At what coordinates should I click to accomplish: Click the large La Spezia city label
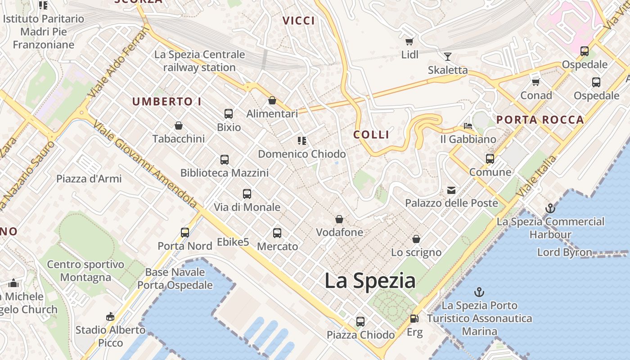(x=370, y=281)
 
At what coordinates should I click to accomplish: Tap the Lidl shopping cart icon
(x=409, y=42)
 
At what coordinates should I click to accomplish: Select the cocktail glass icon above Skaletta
(x=448, y=56)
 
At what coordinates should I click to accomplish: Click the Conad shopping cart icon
(x=536, y=82)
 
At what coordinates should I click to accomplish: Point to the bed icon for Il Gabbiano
(x=468, y=126)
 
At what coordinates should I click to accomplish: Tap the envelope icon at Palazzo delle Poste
(x=451, y=190)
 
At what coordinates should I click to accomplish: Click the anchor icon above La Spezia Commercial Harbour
(x=550, y=208)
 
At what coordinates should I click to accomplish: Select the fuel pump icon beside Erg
(x=414, y=319)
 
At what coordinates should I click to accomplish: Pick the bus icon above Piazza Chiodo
(x=360, y=322)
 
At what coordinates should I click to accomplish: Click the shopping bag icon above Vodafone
(x=339, y=219)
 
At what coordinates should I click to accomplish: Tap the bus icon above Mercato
(x=277, y=233)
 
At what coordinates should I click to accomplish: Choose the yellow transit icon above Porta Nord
(x=185, y=233)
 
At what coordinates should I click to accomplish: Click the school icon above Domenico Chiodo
(x=301, y=141)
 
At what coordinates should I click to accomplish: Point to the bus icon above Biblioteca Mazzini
(x=225, y=159)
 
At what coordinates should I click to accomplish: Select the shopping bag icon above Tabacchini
(x=179, y=126)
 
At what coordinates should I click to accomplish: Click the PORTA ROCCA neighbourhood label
(x=540, y=120)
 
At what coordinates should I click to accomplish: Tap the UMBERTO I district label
(x=167, y=102)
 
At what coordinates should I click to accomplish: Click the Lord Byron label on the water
(x=565, y=252)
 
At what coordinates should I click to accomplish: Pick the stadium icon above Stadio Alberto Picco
(x=110, y=317)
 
